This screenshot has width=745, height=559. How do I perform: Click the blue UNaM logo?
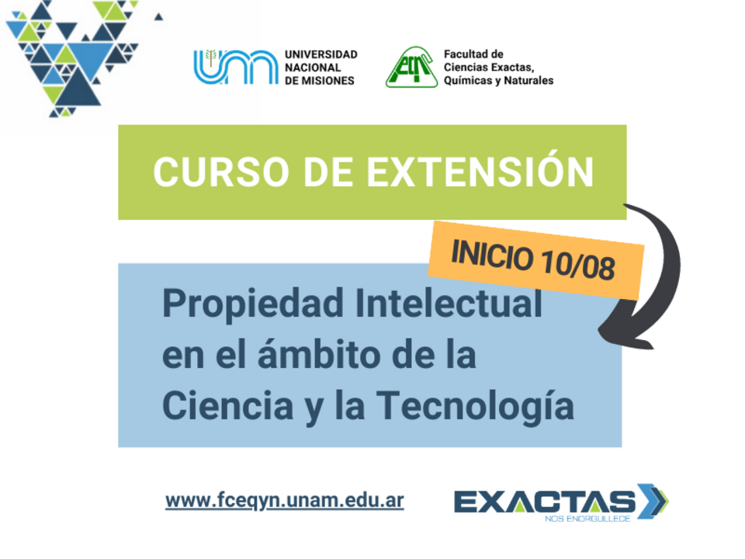click(x=236, y=67)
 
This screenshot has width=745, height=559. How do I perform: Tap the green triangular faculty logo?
click(x=411, y=67)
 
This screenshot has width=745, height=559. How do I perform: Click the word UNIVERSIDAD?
click(x=321, y=54)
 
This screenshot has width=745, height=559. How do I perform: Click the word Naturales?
click(x=528, y=80)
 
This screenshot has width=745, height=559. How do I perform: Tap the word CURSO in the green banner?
click(x=221, y=172)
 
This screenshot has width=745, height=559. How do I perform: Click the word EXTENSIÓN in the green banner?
click(x=480, y=172)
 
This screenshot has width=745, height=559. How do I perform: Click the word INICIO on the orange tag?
click(x=492, y=255)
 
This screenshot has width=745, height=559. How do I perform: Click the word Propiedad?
click(x=253, y=304)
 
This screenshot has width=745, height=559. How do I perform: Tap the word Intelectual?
click(x=449, y=303)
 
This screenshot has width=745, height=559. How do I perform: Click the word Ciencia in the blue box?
click(x=228, y=405)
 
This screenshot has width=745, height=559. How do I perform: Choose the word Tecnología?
click(x=475, y=406)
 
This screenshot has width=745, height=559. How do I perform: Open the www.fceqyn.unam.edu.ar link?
click(x=285, y=501)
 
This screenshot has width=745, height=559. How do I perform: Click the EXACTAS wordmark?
click(x=545, y=502)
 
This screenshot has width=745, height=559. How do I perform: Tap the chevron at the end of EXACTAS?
click(x=653, y=501)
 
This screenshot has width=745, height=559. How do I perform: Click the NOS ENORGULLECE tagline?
click(x=587, y=519)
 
